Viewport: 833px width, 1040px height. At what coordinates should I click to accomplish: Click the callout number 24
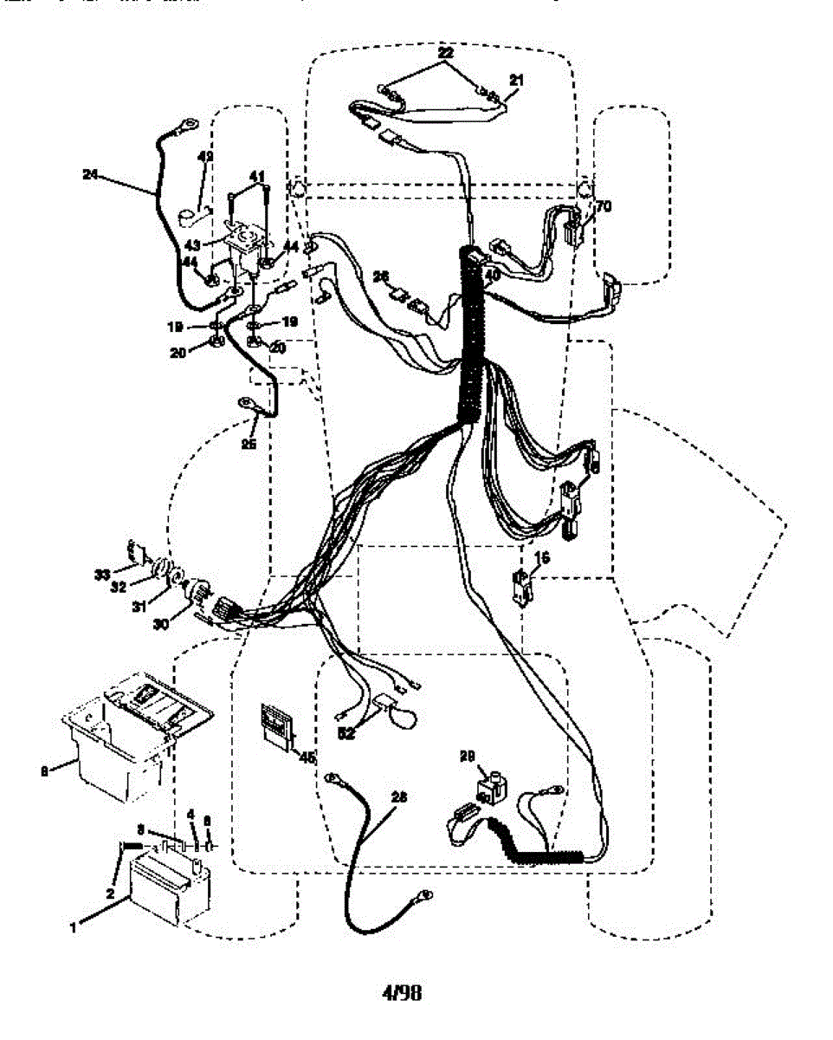pyautogui.click(x=89, y=174)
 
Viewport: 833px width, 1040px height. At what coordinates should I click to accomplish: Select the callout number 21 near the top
pyautogui.click(x=516, y=80)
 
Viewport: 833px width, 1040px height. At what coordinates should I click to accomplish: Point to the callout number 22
pyautogui.click(x=446, y=53)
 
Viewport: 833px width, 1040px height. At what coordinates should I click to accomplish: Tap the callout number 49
pyautogui.click(x=205, y=157)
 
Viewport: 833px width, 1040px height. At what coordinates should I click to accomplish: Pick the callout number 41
pyautogui.click(x=256, y=176)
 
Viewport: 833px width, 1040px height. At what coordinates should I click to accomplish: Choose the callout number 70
pyautogui.click(x=604, y=207)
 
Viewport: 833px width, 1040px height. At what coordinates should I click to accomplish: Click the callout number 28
pyautogui.click(x=398, y=796)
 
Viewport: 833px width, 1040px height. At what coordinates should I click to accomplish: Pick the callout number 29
pyautogui.click(x=468, y=757)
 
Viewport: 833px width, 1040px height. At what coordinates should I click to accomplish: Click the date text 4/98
pyautogui.click(x=402, y=993)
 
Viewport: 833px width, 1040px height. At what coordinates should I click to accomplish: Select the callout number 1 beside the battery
pyautogui.click(x=74, y=926)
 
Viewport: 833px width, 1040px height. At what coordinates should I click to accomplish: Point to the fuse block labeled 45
pyautogui.click(x=274, y=725)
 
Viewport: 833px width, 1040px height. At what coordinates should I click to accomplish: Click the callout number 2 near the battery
pyautogui.click(x=111, y=894)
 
